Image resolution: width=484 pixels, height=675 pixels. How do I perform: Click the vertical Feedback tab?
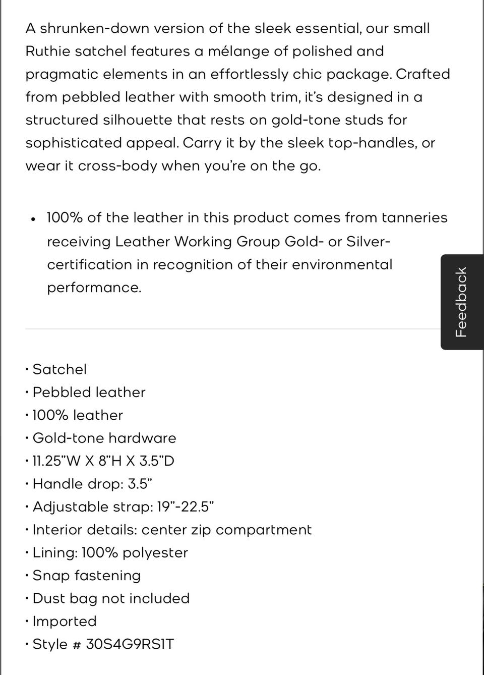click(462, 302)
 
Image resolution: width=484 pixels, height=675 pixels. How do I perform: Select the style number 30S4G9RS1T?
click(130, 644)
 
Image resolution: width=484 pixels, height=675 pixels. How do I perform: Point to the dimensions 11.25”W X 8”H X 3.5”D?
click(103, 461)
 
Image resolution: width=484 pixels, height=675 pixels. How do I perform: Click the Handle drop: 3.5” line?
click(92, 484)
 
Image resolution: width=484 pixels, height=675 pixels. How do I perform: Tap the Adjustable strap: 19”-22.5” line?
click(124, 507)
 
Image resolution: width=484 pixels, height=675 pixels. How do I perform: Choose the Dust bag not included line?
click(111, 598)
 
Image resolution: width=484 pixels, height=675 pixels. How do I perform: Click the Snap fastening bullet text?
click(86, 576)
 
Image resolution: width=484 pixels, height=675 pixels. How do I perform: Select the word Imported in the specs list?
click(65, 622)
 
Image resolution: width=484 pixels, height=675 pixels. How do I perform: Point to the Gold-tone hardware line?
click(104, 438)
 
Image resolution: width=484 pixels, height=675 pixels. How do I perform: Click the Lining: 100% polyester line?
click(110, 552)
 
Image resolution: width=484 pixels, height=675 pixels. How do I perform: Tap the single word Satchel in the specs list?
click(59, 369)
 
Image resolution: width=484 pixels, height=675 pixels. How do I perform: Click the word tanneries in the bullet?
click(414, 218)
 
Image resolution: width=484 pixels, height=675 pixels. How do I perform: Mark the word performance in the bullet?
click(93, 288)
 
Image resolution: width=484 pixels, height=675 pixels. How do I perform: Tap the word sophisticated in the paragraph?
click(74, 143)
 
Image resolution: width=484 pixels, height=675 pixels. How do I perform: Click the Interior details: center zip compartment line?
click(172, 530)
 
